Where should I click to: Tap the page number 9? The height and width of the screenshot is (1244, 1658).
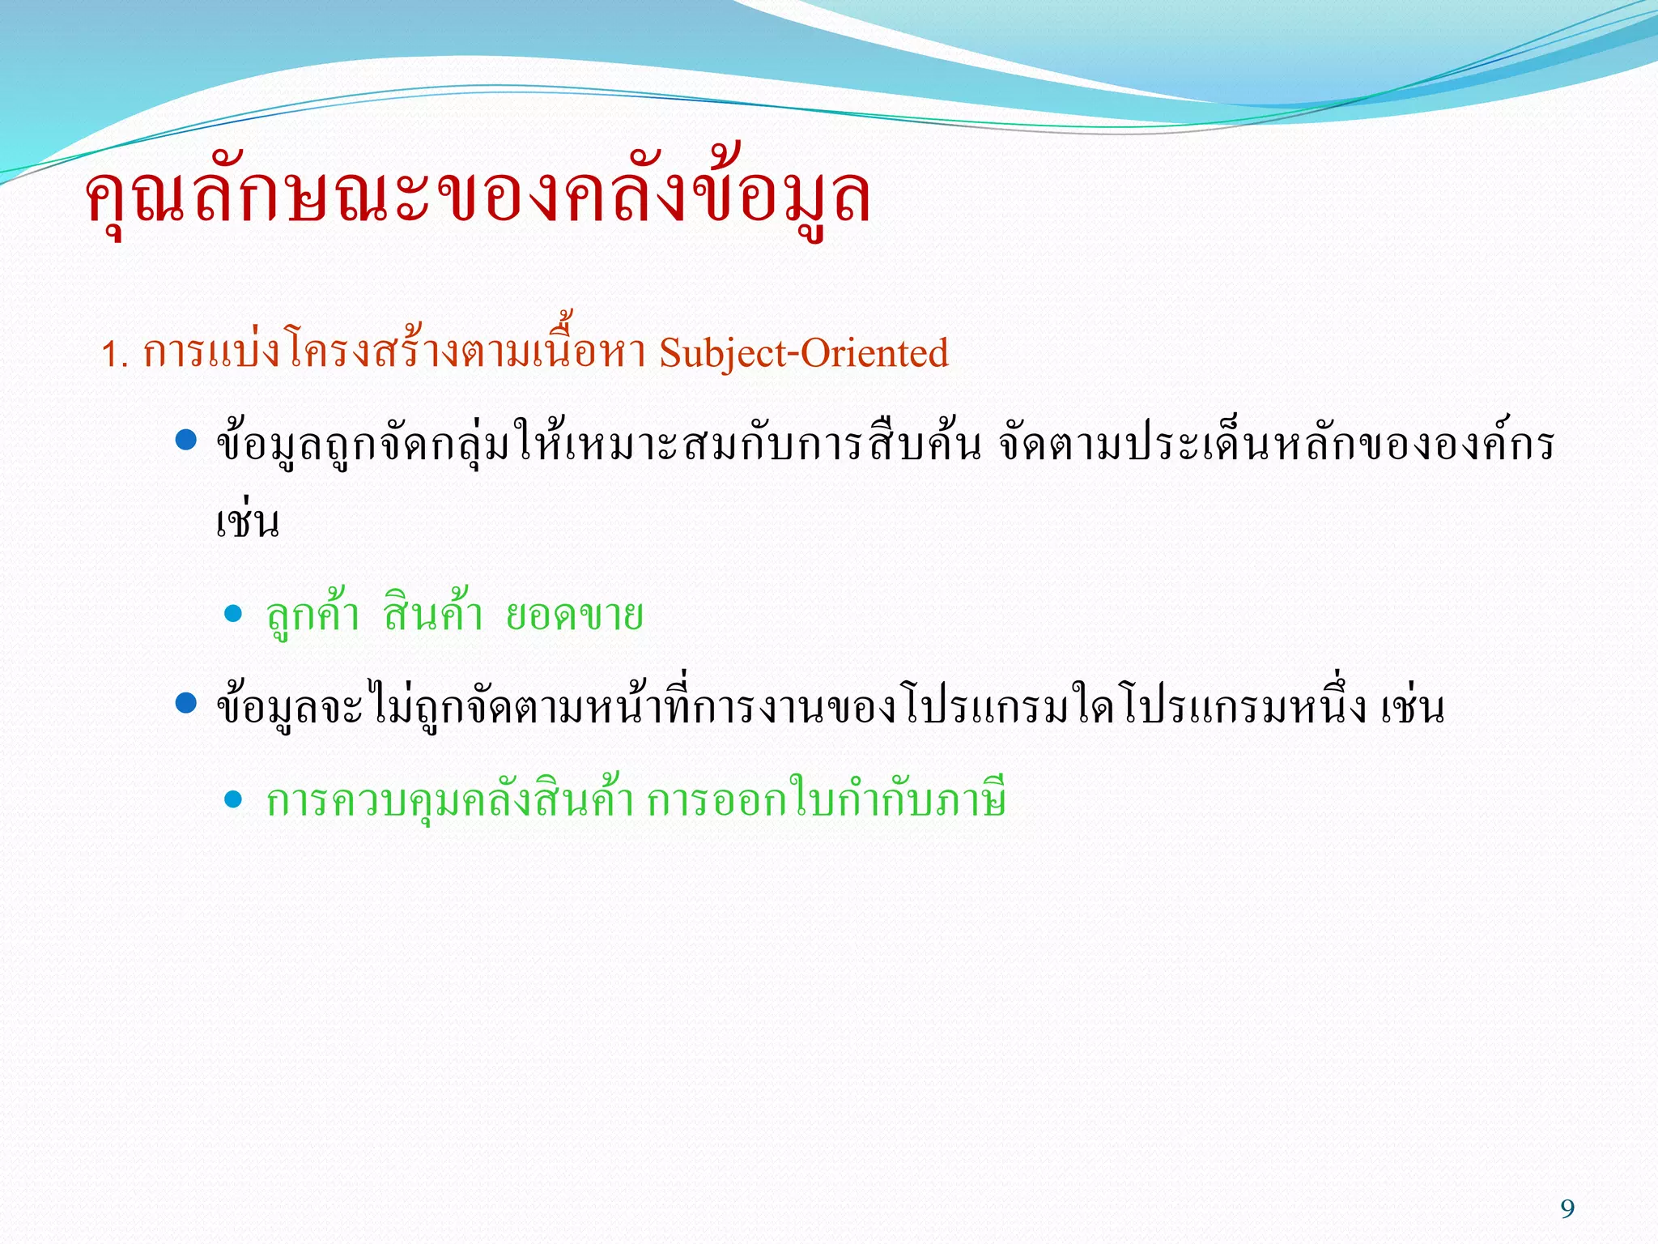[x=1567, y=1209]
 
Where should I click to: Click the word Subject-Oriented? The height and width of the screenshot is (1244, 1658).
[x=803, y=353]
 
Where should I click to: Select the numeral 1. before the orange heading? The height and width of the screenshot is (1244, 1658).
[x=114, y=355]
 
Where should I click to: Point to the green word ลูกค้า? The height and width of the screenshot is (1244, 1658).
[x=312, y=615]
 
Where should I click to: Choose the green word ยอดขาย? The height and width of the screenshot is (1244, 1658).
[x=575, y=615]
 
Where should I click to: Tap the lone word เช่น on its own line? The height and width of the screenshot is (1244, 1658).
[x=248, y=522]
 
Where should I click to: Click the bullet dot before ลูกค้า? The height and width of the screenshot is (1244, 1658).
[x=233, y=614]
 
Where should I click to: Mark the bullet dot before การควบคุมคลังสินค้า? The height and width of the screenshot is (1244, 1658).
[x=233, y=800]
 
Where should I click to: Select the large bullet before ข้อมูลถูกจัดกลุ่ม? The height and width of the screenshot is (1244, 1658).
[x=186, y=441]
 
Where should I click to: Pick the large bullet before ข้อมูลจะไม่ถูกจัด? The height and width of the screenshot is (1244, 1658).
[x=186, y=703]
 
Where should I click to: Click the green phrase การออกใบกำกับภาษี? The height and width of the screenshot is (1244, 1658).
[x=826, y=800]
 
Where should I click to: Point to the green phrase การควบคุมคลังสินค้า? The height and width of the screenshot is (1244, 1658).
[x=449, y=800]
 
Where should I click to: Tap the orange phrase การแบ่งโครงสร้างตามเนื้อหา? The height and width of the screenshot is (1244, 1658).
[x=393, y=353]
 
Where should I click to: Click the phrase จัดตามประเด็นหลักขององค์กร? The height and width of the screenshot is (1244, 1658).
[x=1276, y=444]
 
